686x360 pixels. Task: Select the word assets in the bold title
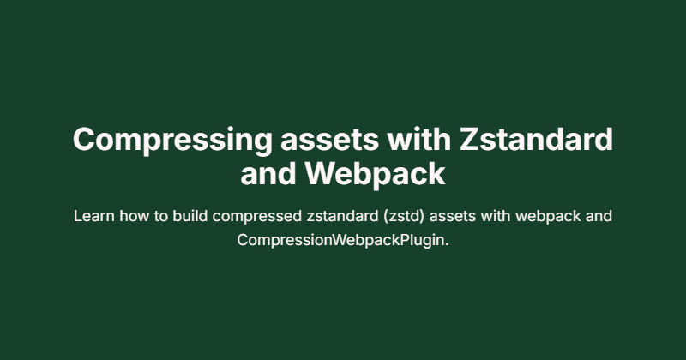pos(329,140)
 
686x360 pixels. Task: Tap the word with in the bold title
pos(419,139)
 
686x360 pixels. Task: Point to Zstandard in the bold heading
pos(536,139)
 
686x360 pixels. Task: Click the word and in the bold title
pos(268,174)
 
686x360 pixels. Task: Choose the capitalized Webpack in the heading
pos(375,176)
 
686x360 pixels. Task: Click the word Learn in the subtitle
pos(94,216)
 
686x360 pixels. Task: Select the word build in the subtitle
pos(190,216)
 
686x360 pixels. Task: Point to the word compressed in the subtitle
pos(256,217)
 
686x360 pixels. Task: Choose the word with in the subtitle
pos(496,216)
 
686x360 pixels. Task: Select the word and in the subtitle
pos(599,216)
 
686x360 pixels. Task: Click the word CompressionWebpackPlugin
pos(340,241)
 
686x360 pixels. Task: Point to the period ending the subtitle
pos(447,245)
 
